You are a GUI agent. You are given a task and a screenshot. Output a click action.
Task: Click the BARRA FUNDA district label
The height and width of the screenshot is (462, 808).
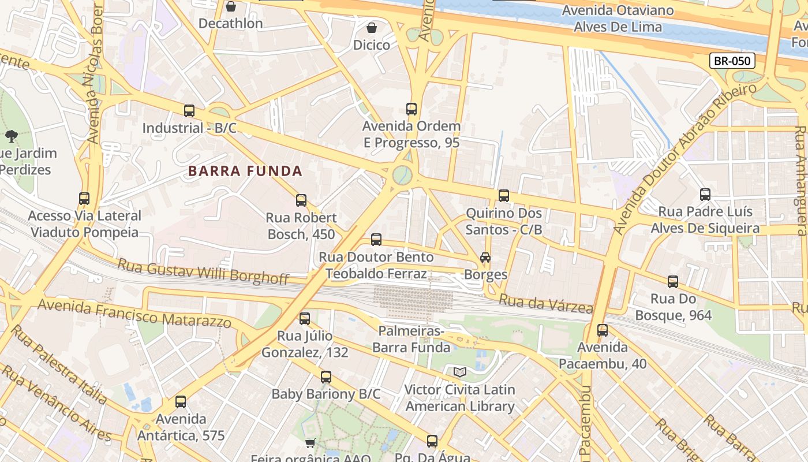(245, 171)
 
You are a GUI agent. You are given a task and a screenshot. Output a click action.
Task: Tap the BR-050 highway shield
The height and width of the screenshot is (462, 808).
(732, 61)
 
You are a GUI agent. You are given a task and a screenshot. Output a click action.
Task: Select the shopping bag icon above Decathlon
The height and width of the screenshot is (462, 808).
(231, 6)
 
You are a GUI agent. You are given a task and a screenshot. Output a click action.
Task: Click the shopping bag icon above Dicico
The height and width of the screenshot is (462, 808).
(372, 27)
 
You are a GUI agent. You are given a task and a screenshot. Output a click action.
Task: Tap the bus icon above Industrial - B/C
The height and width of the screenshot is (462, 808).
(189, 110)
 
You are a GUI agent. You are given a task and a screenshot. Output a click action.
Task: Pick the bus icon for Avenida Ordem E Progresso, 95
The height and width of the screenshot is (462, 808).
(412, 109)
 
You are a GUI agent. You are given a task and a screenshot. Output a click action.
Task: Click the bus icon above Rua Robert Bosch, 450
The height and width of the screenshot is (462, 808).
(301, 200)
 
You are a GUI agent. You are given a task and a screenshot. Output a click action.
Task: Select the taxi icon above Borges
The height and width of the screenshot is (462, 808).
(485, 258)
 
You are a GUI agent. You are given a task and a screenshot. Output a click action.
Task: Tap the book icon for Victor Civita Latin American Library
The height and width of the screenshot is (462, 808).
(459, 372)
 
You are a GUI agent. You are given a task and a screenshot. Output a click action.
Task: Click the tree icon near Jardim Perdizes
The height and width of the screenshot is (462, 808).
(11, 136)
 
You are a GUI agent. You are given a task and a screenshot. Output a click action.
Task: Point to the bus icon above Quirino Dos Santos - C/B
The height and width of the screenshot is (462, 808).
(504, 196)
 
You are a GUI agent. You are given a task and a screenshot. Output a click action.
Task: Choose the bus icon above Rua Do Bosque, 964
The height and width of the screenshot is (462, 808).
(673, 282)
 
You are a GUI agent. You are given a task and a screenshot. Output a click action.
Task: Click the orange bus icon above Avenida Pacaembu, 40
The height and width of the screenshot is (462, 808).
(603, 330)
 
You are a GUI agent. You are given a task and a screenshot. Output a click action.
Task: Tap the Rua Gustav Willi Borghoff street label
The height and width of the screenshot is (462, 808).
(203, 271)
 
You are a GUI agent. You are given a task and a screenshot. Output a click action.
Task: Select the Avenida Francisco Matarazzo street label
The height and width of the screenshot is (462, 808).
(134, 312)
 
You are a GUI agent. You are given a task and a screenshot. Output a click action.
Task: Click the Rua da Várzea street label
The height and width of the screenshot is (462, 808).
(545, 303)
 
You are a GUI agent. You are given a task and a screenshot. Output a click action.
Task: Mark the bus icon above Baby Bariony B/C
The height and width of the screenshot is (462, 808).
(326, 377)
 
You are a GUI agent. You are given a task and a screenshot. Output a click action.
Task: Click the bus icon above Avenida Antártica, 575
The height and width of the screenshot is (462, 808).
(181, 402)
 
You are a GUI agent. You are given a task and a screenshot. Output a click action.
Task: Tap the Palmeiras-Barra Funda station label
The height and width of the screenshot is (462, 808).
(411, 339)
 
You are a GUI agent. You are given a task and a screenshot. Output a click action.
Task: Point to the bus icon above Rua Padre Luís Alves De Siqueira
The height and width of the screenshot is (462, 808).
(705, 195)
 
